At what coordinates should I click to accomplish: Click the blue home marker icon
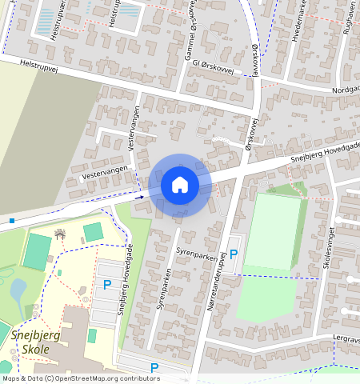click(x=180, y=185)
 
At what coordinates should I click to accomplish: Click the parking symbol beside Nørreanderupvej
click(x=234, y=254)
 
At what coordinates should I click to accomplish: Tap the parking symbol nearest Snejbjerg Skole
click(x=106, y=284)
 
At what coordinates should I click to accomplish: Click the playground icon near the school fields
click(x=60, y=234)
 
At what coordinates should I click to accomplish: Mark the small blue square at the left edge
click(x=13, y=220)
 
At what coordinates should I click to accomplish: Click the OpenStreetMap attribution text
click(x=80, y=378)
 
